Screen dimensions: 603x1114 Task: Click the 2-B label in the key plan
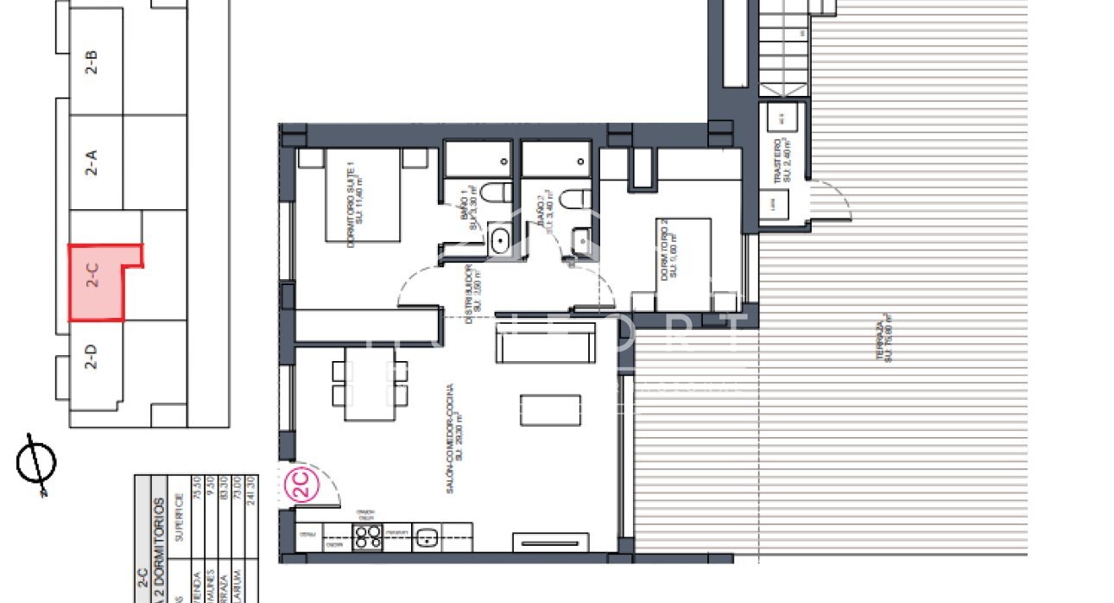(x=92, y=63)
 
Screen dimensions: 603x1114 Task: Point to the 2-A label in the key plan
(x=92, y=162)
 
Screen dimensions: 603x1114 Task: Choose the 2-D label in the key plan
(x=92, y=357)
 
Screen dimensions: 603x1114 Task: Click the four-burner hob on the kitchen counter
(x=369, y=536)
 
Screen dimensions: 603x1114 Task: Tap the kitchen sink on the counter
(x=426, y=536)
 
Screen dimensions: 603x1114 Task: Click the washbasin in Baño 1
(x=499, y=240)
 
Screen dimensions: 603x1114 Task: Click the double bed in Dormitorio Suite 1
(x=364, y=194)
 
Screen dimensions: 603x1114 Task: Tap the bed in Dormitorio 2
(x=683, y=263)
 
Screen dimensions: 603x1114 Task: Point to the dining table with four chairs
(x=370, y=382)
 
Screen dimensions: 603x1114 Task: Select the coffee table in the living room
(x=550, y=409)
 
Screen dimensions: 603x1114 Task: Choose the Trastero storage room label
(x=782, y=162)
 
